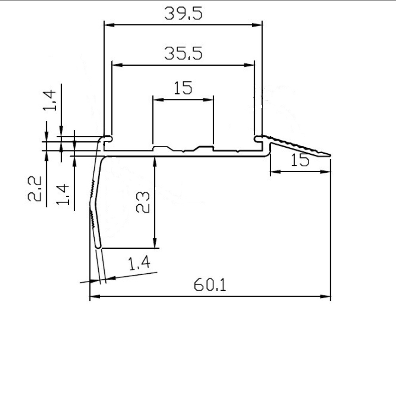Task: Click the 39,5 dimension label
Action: pyautogui.click(x=183, y=13)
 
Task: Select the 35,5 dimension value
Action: pyautogui.click(x=183, y=53)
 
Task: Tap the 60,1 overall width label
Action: pyautogui.click(x=210, y=285)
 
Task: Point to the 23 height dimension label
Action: pyautogui.click(x=143, y=202)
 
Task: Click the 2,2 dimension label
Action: pyautogui.click(x=34, y=188)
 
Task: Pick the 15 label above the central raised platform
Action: pyautogui.click(x=183, y=88)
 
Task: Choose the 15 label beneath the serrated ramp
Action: pyautogui.click(x=300, y=160)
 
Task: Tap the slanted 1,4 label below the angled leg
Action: pyautogui.click(x=139, y=263)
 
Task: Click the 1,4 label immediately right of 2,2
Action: pyautogui.click(x=63, y=194)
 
